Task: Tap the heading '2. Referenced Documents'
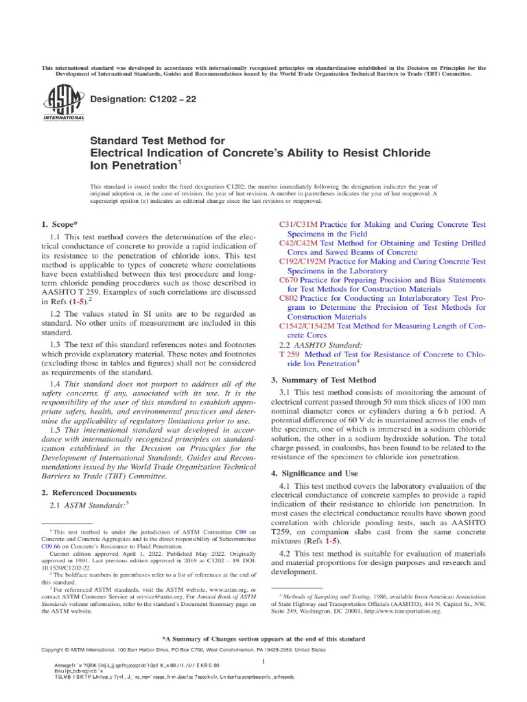coord(86,492)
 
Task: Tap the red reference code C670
coord(288,280)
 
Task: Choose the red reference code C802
coord(288,299)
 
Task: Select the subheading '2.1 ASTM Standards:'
coord(89,505)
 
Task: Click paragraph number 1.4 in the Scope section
coord(56,384)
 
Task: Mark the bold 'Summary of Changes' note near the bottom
coord(263,638)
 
